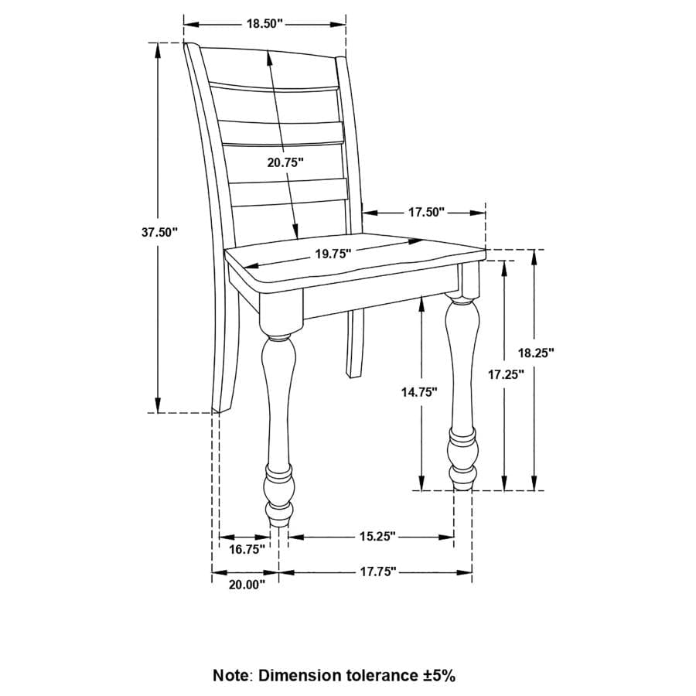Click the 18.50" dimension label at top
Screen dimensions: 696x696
[264, 23]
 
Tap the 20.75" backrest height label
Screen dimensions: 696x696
[285, 162]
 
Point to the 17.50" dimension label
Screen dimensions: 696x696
[427, 212]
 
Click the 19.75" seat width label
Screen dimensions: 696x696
[333, 254]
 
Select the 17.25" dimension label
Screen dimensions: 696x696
[507, 374]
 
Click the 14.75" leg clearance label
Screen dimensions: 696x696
[419, 391]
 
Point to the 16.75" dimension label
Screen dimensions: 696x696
[247, 550]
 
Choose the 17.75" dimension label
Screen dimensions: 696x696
[377, 571]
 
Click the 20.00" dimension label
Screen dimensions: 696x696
[247, 585]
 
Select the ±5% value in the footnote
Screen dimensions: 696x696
[438, 675]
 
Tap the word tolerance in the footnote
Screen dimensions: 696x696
[380, 675]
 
